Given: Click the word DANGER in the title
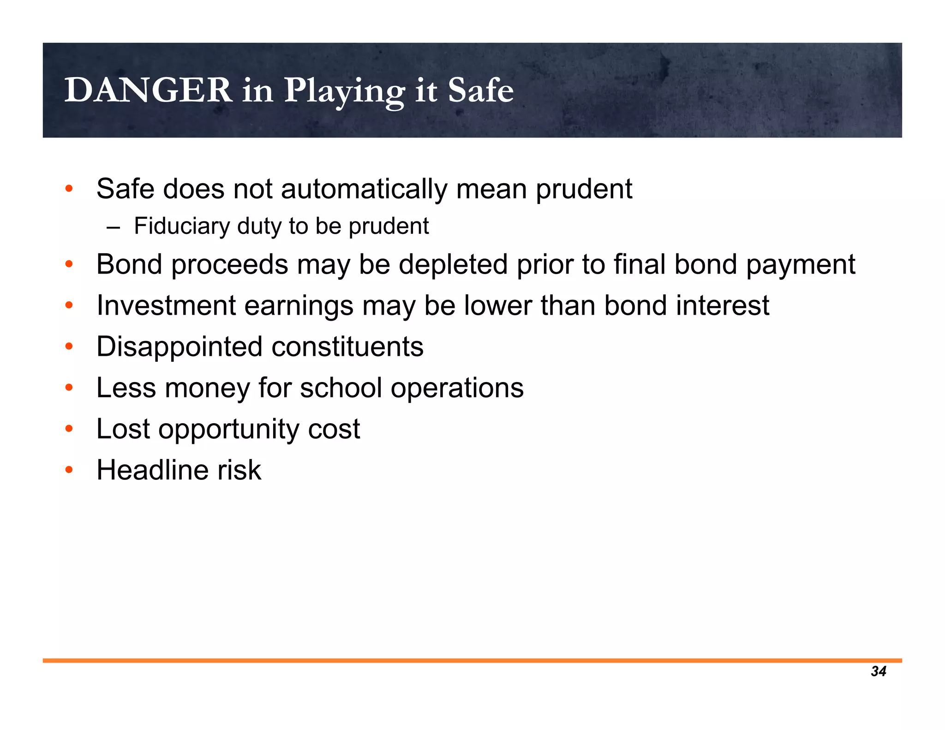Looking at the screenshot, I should click(148, 90).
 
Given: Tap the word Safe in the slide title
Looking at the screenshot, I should click(480, 90).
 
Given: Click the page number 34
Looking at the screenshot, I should click(878, 671).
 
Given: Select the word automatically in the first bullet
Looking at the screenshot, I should click(364, 189).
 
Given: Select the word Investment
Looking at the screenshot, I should click(166, 305).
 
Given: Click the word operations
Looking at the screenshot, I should click(457, 389).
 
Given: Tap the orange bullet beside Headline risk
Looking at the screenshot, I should click(69, 470).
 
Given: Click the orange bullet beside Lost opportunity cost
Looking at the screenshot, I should click(69, 429).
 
